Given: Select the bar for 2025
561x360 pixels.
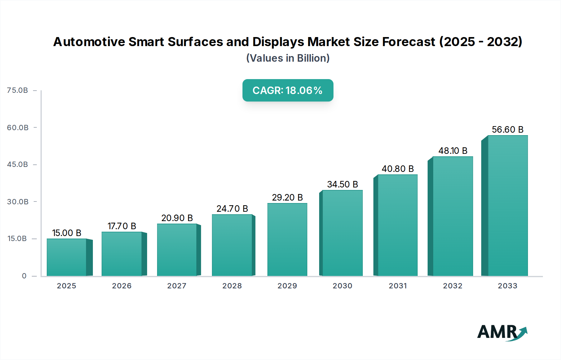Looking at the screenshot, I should point(66,257).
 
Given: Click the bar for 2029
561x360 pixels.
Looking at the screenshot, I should point(287,239).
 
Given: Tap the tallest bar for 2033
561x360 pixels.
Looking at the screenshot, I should point(508,206).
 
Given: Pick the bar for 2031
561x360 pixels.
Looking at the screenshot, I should point(397,225).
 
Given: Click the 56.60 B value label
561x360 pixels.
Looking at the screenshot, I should point(507,130).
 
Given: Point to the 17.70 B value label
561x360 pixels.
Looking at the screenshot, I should point(122,226).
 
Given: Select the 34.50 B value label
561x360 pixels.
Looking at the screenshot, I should point(342,184).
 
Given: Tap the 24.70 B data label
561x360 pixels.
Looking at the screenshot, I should point(232,209).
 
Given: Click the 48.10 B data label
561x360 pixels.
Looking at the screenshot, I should point(453,151).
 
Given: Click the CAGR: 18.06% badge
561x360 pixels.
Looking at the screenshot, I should point(288,90).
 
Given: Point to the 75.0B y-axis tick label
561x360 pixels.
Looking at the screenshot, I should point(17,90).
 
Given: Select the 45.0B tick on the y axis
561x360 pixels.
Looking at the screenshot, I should point(17,164).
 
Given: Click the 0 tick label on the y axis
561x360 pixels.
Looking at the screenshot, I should point(24,276).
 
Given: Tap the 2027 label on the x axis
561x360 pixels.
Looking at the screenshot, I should point(177,286).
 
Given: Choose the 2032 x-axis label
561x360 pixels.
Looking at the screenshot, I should point(453,286).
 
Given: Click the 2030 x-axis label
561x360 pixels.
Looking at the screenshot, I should point(342,286).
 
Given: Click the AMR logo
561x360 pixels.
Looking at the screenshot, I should point(502,332).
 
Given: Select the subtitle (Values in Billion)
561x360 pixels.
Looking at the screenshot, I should point(288,58).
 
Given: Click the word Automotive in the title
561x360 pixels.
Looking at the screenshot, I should point(89,42).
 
